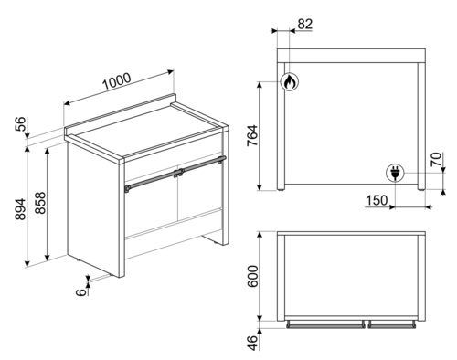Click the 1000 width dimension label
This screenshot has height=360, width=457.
coord(117,81)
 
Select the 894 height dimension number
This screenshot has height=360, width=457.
coord(21,209)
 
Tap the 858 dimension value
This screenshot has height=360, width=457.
coord(40,202)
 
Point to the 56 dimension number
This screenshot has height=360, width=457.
coord(21,123)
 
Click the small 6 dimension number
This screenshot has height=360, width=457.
coord(81,292)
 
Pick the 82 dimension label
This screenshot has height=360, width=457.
coord(305,24)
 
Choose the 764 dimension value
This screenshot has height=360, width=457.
coord(252,136)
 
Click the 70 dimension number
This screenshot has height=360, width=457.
coord(436,159)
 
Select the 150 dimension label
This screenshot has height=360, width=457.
coord(377,200)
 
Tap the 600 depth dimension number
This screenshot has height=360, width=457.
coord(252,276)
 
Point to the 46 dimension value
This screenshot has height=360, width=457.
coord(252,343)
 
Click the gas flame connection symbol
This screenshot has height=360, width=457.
coord(290,81)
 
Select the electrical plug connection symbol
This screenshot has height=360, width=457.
coord(395,173)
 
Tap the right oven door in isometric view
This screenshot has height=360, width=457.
coord(200,192)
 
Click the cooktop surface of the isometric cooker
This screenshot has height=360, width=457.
coord(147,131)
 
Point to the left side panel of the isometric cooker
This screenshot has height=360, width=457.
coord(92,208)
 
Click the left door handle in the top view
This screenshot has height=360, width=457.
coord(325,325)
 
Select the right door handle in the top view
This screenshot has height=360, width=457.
coord(392,325)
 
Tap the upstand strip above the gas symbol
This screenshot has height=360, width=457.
coord(351,56)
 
